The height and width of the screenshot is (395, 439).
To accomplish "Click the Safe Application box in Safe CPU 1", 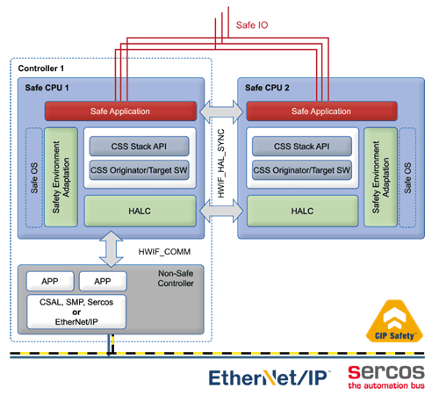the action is click(120, 111).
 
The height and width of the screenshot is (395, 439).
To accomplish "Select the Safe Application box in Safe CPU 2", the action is click(321, 111).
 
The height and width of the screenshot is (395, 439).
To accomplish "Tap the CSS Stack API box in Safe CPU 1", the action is click(139, 147).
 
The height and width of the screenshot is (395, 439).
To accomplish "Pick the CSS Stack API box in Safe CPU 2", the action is click(302, 147).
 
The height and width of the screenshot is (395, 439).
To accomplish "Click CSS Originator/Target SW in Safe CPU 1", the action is click(139, 170).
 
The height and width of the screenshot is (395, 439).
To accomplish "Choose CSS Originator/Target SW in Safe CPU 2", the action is click(302, 170).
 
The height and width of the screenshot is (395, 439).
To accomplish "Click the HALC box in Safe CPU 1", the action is click(140, 211).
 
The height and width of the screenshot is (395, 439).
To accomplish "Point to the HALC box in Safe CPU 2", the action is click(303, 211).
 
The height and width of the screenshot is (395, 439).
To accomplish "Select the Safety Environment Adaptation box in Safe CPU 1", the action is click(61, 177).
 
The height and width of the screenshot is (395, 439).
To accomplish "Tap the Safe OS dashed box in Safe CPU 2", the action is click(407, 177).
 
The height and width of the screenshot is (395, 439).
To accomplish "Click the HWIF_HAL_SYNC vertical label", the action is click(221, 163).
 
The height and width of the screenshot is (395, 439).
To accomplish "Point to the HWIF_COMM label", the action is click(164, 252).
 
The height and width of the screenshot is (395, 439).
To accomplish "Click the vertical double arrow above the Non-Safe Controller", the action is click(112, 249).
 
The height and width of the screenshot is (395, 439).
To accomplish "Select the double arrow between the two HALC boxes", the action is click(221, 211).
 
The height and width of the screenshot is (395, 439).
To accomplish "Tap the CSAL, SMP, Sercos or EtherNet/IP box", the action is click(76, 312).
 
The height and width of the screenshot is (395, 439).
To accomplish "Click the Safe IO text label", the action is click(252, 25).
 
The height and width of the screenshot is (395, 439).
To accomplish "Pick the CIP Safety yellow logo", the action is click(394, 321).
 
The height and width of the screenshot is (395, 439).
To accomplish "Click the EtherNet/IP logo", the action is click(270, 377).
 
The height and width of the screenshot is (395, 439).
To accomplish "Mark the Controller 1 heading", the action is click(41, 68).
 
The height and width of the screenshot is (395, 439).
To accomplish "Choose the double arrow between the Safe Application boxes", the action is click(221, 111).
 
